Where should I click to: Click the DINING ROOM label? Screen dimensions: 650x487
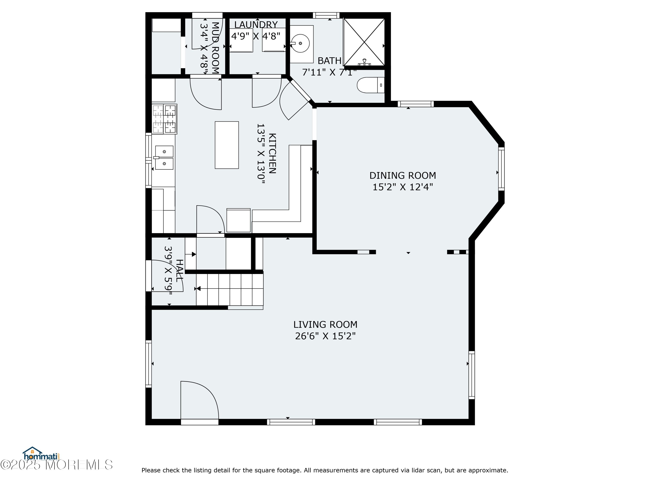point(403,176)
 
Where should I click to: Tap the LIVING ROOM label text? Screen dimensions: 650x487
point(325,325)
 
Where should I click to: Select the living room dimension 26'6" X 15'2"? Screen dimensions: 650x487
point(325,336)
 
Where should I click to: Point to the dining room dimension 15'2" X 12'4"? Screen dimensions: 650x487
point(403,187)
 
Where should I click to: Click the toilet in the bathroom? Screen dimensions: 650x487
point(370,85)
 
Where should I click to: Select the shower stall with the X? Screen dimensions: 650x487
point(364,42)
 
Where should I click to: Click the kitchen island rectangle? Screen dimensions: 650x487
point(227,145)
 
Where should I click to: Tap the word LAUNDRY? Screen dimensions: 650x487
point(256,25)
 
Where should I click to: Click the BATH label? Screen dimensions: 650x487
point(329,61)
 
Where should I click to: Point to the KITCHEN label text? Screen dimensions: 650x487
point(272,153)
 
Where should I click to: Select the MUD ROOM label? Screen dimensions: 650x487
point(215,48)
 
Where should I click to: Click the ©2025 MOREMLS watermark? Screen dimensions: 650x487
point(56,465)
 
